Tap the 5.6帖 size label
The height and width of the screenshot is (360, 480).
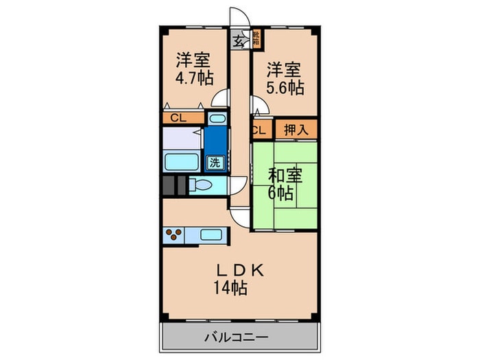pyautogui.click(x=285, y=88)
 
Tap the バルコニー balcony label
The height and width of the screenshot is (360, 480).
pyautogui.click(x=237, y=337)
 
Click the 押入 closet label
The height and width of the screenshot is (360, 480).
pyautogui.click(x=296, y=129)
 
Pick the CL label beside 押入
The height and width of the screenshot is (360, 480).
pyautogui.click(x=259, y=129)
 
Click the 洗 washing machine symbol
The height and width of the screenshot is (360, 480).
pyautogui.click(x=215, y=163)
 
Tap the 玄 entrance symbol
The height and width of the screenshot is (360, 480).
pyautogui.click(x=237, y=41)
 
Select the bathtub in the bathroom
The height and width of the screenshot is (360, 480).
pyautogui.click(x=182, y=163)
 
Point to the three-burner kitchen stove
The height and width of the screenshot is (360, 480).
pyautogui.click(x=174, y=235)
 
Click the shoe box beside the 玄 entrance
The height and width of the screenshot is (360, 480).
pyautogui.click(x=256, y=38)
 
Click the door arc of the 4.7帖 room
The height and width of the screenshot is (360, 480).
pyautogui.click(x=220, y=99)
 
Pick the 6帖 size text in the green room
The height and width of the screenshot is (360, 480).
pyautogui.click(x=280, y=193)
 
